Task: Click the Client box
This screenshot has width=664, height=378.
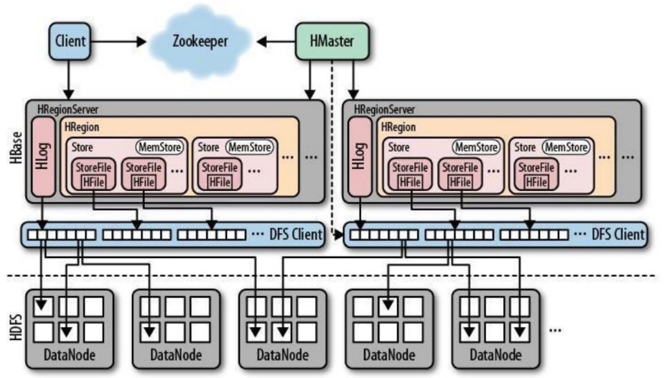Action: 69,41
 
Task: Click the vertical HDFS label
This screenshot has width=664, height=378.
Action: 17,322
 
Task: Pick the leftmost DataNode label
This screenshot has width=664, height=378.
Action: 70,355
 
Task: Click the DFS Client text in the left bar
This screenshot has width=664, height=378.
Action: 297,234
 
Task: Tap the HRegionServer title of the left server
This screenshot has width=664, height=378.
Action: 67,109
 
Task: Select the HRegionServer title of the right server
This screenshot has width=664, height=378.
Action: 384,109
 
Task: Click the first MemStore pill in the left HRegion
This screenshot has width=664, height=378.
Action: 159,147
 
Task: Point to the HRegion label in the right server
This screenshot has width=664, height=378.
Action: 399,126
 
